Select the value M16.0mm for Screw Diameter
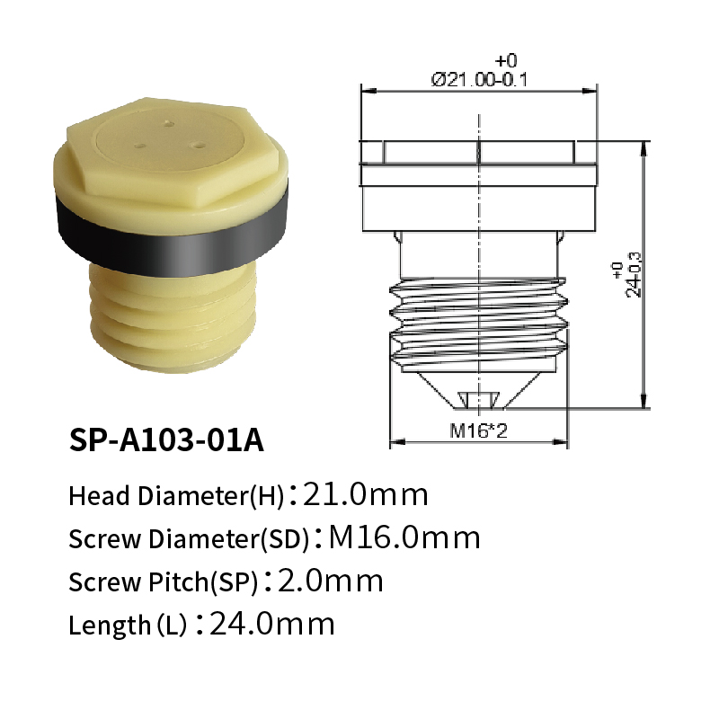404,538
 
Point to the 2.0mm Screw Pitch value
332,581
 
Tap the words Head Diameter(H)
176,495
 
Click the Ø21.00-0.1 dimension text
479,79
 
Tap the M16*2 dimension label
479,431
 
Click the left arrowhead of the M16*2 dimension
395,442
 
